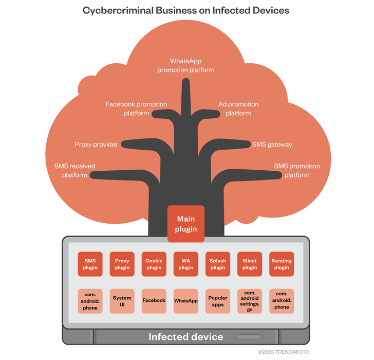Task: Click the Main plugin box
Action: pos(186,224)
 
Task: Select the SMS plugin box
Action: pos(90,264)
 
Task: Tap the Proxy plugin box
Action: pos(122,264)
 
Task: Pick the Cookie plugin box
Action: pos(154,264)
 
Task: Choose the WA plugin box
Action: pos(186,264)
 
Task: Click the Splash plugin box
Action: pos(218,264)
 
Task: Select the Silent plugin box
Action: pos(250,264)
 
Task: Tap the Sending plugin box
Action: pos(282,264)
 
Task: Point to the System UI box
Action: pos(122,301)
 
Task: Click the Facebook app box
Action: pos(154,301)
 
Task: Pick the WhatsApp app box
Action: pos(186,301)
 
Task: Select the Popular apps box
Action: pos(218,301)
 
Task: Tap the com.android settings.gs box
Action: pos(250,301)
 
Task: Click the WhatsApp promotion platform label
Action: pos(186,65)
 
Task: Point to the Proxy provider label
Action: pos(96,145)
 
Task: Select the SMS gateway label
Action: pos(272,145)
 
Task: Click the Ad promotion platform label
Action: pos(238,109)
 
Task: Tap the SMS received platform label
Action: pos(74,171)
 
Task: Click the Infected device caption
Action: pos(186,337)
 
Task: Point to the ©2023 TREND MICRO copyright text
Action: pos(284,352)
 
